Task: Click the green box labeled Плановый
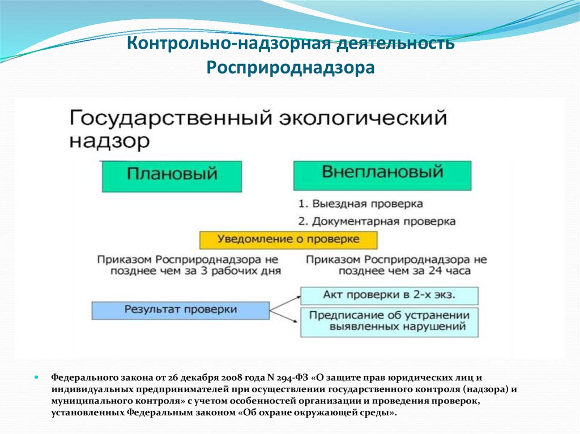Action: click(172, 177)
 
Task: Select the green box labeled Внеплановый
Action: click(382, 175)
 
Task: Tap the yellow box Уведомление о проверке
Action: click(288, 240)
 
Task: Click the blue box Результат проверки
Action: click(181, 311)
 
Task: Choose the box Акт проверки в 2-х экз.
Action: click(389, 295)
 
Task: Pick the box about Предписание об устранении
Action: click(389, 323)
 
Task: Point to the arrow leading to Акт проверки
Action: click(285, 303)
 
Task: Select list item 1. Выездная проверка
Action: click(361, 204)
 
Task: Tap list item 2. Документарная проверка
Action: click(377, 221)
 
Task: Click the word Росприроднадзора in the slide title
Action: click(291, 68)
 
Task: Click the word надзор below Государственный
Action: click(109, 141)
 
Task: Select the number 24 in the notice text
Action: click(436, 271)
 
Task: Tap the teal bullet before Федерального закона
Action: click(36, 378)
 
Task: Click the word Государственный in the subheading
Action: click(170, 119)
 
